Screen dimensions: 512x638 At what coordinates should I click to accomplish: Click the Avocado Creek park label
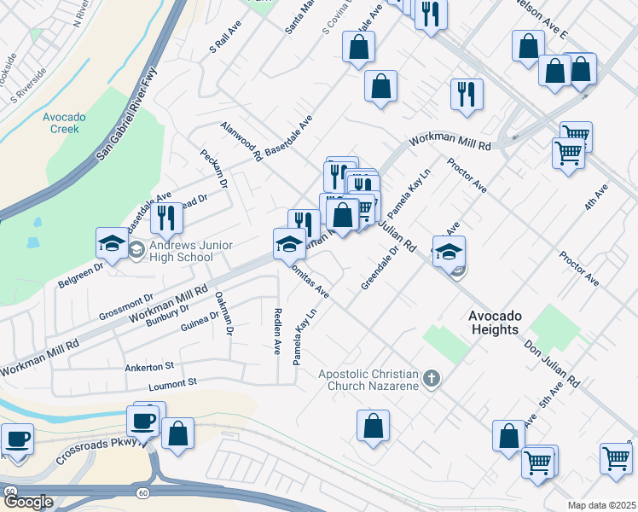[62, 123]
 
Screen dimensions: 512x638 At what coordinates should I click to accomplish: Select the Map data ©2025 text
[602, 505]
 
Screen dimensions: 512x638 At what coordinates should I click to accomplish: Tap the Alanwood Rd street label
[239, 141]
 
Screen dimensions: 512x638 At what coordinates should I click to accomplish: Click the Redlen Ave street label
[277, 332]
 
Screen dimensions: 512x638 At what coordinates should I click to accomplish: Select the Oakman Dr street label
[224, 313]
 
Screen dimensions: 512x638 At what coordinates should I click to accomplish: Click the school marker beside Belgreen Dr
[112, 244]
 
